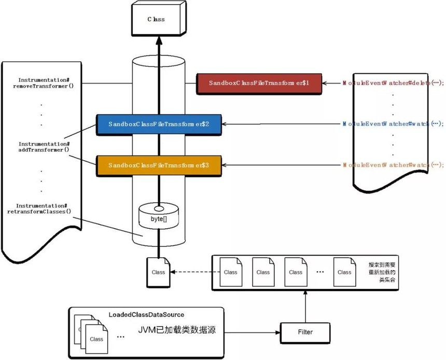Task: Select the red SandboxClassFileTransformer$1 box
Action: pos(259,83)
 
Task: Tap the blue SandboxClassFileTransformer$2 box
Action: pos(159,124)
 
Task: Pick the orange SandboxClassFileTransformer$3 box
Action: pos(159,165)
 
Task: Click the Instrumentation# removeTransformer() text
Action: pos(44,83)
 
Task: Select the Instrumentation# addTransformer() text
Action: pos(44,146)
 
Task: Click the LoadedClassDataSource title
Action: pos(146,314)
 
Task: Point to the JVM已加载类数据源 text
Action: pos(171,330)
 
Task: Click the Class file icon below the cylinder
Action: pos(158,271)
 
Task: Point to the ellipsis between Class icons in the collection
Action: pos(320,271)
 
